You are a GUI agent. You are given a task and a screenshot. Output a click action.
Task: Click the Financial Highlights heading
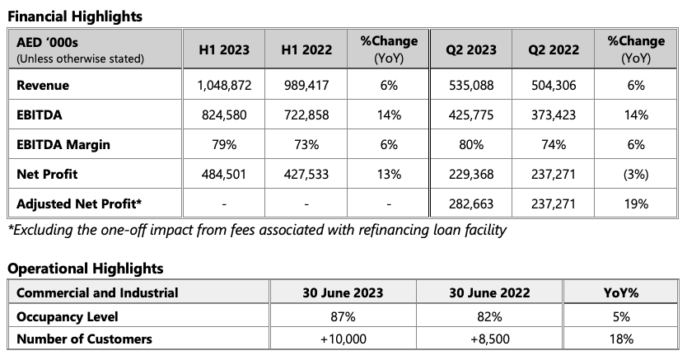pos(75,16)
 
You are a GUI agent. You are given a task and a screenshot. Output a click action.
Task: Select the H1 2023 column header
pos(224,49)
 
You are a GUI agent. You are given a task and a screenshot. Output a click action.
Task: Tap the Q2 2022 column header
pos(553,49)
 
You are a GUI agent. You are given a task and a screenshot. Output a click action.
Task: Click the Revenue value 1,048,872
pos(224,86)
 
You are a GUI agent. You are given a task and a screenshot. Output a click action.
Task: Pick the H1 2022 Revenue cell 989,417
pos(306,86)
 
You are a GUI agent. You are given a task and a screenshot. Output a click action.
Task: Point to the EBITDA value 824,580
pos(224,115)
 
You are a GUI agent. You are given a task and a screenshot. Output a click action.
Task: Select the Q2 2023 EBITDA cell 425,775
pos(471,115)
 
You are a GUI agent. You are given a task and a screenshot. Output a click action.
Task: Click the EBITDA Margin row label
pos(63,145)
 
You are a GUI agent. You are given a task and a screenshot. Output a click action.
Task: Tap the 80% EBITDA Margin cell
pos(471,145)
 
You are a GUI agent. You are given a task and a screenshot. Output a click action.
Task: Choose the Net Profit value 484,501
pos(224,175)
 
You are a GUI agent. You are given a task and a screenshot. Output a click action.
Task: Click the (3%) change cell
pos(634,175)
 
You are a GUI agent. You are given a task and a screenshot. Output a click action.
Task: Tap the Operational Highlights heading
pos(86,269)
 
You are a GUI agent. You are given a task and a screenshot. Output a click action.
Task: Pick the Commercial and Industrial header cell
pos(97,292)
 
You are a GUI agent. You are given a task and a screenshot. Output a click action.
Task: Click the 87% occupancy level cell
pos(343,316)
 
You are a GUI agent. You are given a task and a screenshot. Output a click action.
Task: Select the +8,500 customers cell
pos(489,339)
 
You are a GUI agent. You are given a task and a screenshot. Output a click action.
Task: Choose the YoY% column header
pos(621,292)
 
